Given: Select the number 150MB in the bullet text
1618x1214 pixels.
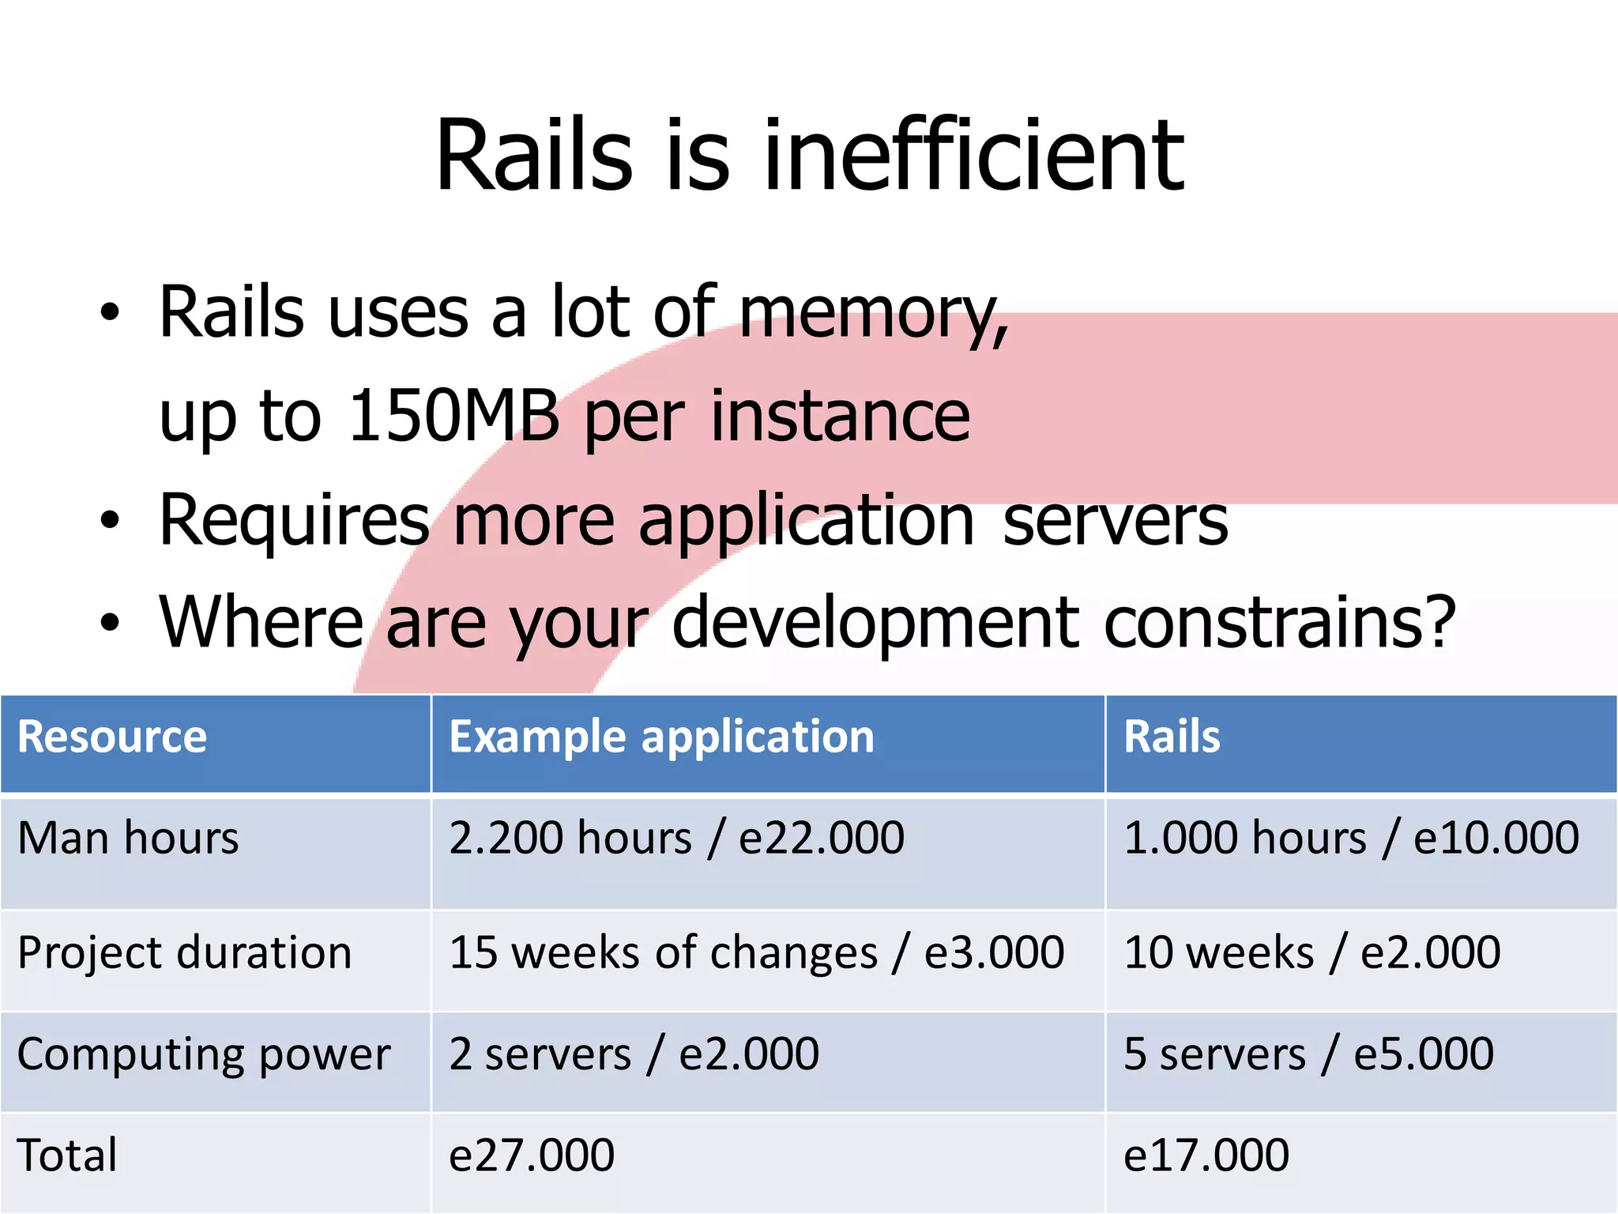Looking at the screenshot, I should [x=453, y=416].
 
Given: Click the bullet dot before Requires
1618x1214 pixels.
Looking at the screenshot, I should [x=110, y=521].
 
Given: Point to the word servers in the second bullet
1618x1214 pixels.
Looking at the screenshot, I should [x=1115, y=521].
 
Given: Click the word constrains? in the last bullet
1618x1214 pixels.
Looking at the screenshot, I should [x=1278, y=623].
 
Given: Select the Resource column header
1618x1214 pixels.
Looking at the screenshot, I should [x=112, y=737].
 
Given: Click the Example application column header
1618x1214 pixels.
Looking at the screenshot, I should [x=661, y=737].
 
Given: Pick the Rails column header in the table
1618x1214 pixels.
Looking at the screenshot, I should [x=1172, y=737].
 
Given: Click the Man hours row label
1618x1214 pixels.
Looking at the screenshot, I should [x=128, y=838].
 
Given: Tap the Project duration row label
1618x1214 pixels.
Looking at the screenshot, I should [x=184, y=952].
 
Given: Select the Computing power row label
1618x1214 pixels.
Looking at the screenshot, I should [x=204, y=1054].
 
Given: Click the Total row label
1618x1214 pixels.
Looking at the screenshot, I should [x=67, y=1155].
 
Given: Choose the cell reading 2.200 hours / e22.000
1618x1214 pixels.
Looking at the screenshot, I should [x=676, y=838].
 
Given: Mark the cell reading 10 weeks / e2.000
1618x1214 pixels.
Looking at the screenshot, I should [x=1311, y=952].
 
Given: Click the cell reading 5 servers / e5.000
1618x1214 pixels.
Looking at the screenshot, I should [x=1308, y=1054].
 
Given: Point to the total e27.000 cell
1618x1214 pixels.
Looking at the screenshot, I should [x=531, y=1155].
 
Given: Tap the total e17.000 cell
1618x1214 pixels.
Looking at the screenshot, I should [x=1206, y=1155].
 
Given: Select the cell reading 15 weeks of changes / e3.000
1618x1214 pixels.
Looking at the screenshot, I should [x=756, y=952].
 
